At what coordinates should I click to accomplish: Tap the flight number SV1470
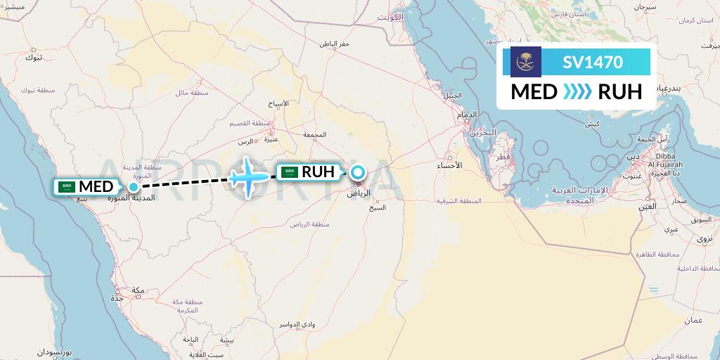[592, 63]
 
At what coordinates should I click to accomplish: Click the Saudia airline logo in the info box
[521, 62]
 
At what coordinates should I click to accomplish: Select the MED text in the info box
[534, 92]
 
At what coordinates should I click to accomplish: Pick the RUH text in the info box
[619, 92]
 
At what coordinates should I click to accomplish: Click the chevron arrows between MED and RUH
[577, 92]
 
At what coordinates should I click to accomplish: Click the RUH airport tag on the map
[310, 172]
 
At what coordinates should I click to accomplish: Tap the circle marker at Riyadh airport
[358, 172]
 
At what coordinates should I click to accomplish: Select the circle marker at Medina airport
[133, 187]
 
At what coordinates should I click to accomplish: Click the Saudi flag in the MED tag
[67, 187]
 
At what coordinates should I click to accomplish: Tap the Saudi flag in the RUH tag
[289, 172]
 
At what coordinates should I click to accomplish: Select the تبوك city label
[34, 57]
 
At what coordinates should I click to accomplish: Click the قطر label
[503, 158]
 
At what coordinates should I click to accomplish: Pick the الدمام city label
[466, 115]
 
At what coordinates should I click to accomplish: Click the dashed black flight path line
[183, 182]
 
